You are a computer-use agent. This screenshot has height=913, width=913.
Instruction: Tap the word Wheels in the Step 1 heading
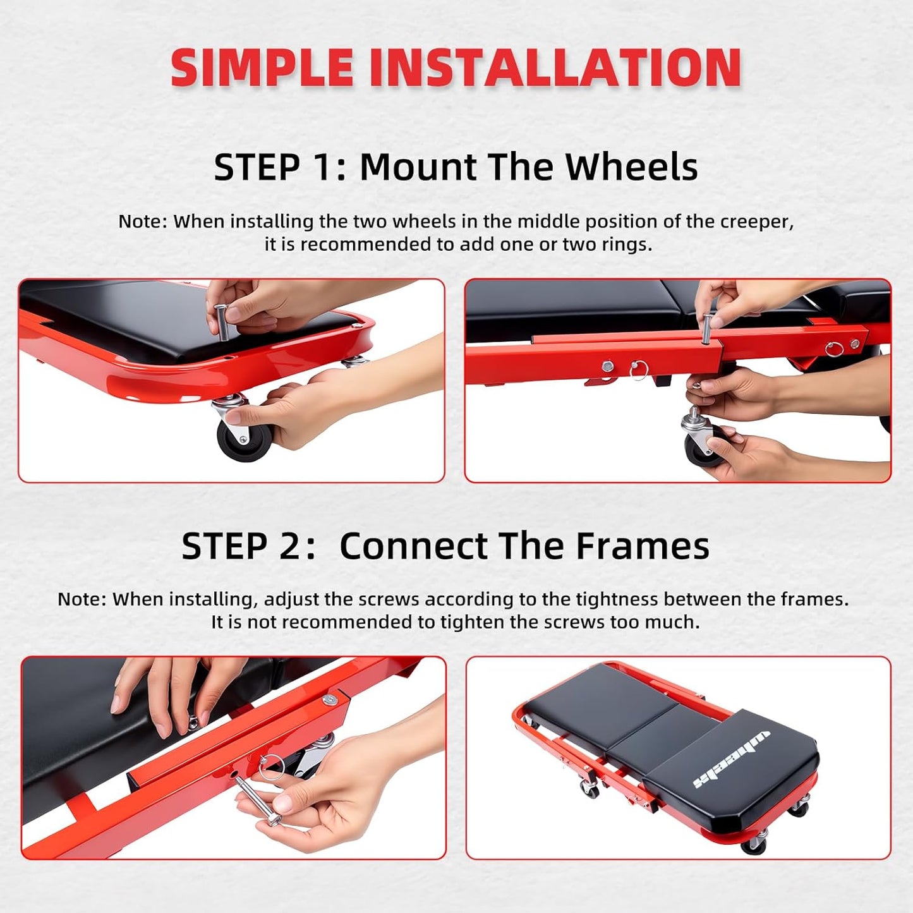[x=631, y=167]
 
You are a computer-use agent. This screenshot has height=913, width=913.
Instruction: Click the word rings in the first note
[x=625, y=245]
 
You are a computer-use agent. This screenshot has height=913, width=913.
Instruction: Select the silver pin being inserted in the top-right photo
[x=708, y=328]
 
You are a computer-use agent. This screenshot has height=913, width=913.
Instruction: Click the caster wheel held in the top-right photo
[x=701, y=445]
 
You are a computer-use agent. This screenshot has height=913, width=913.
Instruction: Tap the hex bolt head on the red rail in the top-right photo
[x=607, y=366]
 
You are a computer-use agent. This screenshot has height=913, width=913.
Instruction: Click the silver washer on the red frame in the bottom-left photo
[x=328, y=699]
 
